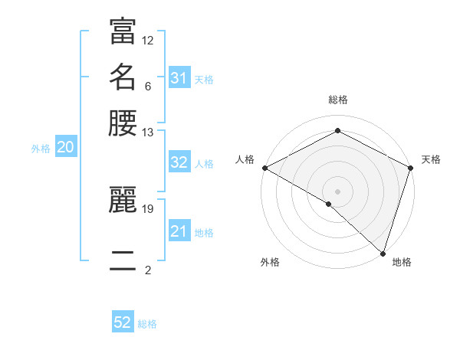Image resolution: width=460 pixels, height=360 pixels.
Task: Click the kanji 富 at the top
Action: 123,32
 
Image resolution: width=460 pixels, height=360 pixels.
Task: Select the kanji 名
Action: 123,77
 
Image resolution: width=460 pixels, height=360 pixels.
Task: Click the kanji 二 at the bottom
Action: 123,261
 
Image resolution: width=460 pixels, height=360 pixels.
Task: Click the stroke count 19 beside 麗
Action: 148,208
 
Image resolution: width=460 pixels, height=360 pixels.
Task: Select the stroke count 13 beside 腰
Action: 148,133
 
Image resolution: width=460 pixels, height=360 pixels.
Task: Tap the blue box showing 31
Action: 179,78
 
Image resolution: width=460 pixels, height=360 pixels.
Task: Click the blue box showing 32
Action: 179,162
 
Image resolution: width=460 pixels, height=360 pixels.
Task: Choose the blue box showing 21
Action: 179,231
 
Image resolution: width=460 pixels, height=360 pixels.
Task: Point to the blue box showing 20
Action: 65,148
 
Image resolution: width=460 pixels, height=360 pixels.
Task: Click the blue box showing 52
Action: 123,322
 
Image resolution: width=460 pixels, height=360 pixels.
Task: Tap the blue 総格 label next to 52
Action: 147,324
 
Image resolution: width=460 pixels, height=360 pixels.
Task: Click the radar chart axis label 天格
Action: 431,159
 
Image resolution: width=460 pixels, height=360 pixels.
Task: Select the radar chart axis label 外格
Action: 270,262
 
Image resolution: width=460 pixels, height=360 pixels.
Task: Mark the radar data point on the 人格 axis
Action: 264,168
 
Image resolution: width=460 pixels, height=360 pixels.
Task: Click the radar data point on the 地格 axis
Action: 383,253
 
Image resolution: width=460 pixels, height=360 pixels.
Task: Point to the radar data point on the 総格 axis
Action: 337,131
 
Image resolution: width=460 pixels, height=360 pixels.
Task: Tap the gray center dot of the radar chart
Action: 337,191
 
